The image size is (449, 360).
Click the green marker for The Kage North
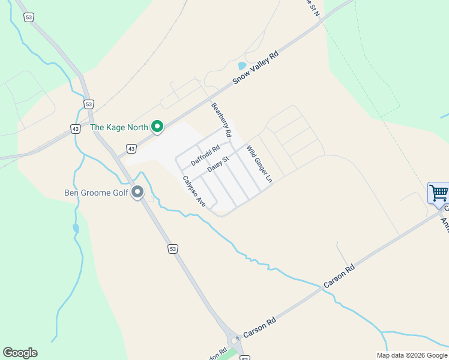point(157,126)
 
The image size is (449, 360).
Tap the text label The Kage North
point(119,127)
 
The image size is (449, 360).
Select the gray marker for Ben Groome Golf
point(137,193)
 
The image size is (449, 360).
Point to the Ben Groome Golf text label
point(97,193)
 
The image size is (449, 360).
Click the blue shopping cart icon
point(439,193)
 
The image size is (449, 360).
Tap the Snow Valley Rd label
point(256,67)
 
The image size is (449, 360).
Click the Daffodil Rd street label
point(205,154)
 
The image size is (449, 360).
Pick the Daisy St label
point(218,164)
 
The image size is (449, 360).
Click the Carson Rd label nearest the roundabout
point(259,328)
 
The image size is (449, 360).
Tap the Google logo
point(20,353)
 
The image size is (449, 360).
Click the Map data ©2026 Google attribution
point(412,355)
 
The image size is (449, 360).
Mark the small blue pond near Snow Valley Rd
point(241,66)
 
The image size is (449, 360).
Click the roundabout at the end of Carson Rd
point(234,340)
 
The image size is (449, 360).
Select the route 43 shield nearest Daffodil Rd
point(131,148)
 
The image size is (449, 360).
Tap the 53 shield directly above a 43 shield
point(89,104)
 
